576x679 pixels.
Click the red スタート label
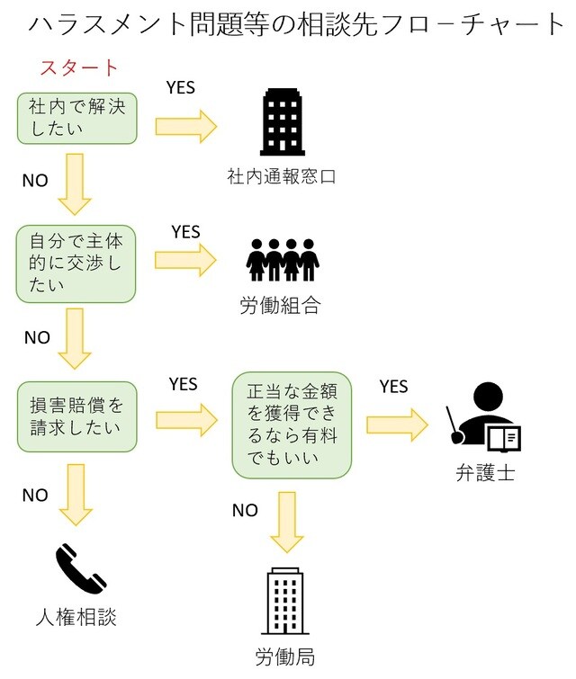point(79,67)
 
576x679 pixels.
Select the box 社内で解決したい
point(76,117)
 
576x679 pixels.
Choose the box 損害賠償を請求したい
point(76,415)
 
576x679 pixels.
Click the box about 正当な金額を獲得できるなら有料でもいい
point(292,424)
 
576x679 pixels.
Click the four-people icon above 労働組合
point(283,261)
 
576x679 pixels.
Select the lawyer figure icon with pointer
point(484,419)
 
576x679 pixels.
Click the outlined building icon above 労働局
point(285,601)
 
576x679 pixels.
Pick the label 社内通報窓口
point(282,177)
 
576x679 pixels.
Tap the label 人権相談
point(76,618)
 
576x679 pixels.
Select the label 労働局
point(285,656)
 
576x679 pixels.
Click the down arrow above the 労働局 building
point(286,521)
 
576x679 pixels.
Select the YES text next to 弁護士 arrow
point(393,387)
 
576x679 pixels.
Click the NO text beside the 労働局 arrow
point(245,511)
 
